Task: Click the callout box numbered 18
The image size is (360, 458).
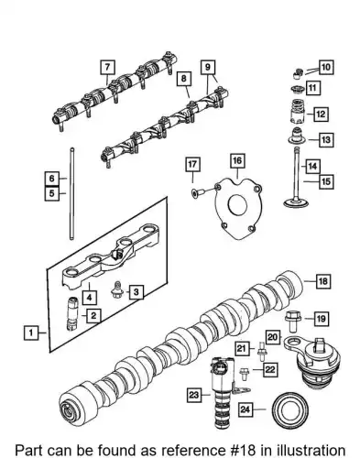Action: (x=322, y=281)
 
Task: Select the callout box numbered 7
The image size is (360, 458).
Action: (x=107, y=67)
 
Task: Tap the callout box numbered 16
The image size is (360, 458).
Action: (x=237, y=161)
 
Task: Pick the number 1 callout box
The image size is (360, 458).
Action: (x=31, y=333)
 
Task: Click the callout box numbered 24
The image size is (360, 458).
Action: (x=245, y=409)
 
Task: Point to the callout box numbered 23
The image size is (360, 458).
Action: (x=194, y=395)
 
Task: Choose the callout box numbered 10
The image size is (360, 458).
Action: (x=326, y=68)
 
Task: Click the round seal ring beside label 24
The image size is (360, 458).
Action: (x=290, y=411)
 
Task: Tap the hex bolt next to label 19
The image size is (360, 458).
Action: (x=292, y=322)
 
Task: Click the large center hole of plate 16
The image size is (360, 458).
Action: (x=237, y=205)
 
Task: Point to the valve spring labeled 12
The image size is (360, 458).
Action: (x=297, y=112)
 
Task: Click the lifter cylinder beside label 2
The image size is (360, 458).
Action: (x=72, y=313)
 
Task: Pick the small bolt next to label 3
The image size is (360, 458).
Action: (x=116, y=289)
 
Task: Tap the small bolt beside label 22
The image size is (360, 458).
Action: (x=245, y=375)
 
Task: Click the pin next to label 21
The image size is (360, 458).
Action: (x=262, y=353)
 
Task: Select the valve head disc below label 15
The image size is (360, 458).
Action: (x=296, y=203)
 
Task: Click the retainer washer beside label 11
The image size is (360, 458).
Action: (x=297, y=90)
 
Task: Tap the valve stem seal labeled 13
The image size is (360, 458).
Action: (x=297, y=136)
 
